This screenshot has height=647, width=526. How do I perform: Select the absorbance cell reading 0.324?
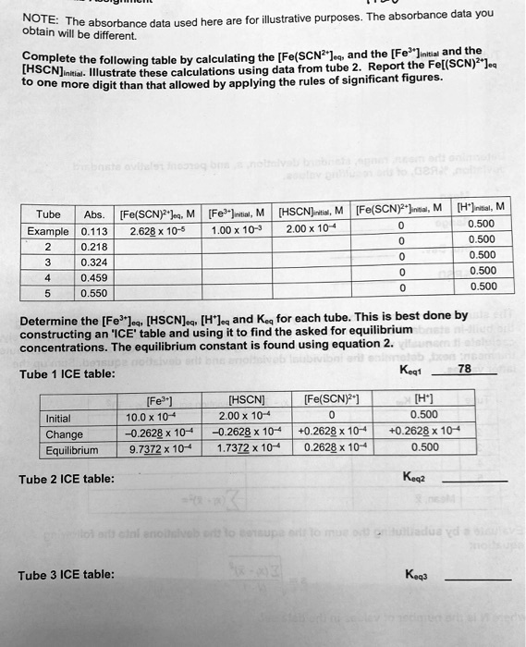point(95,263)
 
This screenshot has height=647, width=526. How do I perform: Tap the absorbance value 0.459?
point(95,278)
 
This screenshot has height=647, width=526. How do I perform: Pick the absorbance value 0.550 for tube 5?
point(95,293)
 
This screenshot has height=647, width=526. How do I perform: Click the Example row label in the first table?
point(48,233)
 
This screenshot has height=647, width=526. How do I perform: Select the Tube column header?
point(48,217)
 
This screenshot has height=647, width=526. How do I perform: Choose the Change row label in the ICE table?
point(65,434)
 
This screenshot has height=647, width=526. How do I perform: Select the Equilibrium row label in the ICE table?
point(72,451)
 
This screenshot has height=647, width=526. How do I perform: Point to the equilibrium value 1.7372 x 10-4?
point(246,450)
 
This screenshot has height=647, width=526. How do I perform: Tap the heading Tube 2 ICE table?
point(67,479)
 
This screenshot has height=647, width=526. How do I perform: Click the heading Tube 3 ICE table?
point(67,574)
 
